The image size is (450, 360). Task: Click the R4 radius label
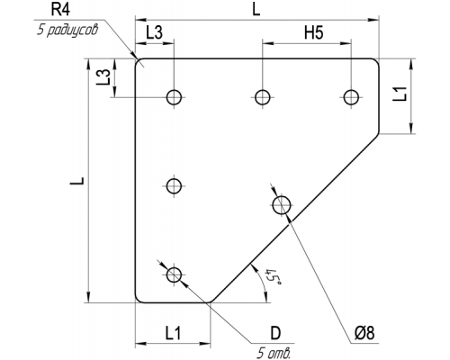60,9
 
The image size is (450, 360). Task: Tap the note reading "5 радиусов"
67,30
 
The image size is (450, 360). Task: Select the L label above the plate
256,9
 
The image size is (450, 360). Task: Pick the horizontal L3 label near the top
155,32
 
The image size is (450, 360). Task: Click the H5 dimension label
314,32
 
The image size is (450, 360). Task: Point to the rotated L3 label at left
103,76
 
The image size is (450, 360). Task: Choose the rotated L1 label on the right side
400,94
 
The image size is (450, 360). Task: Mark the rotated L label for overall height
77,181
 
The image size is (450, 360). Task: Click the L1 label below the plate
173,333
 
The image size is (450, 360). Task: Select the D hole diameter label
275,333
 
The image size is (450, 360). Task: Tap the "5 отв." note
274,353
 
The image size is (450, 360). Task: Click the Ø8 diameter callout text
364,333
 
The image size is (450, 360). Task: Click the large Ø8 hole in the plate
282,205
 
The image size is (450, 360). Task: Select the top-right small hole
351,97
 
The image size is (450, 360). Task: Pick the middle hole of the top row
263,97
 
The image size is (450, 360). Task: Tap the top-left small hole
174,97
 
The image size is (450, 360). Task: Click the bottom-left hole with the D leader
174,274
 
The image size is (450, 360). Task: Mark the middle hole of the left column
174,186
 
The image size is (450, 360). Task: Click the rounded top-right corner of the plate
376,61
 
